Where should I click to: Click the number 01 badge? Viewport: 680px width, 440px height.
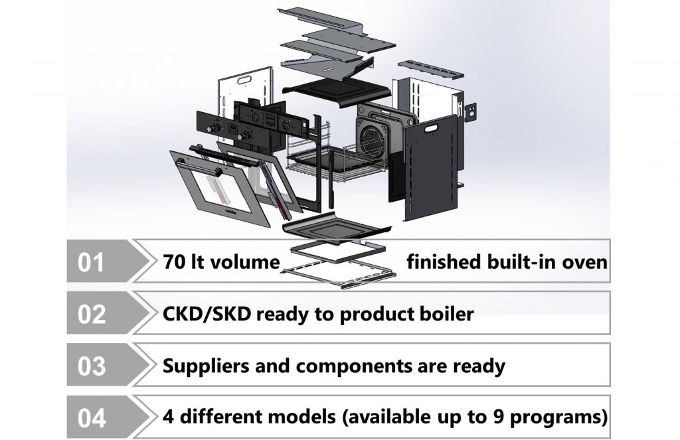point(91,262)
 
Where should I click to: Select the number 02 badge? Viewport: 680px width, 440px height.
point(91,314)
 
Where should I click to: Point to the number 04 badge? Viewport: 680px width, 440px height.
point(91,419)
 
